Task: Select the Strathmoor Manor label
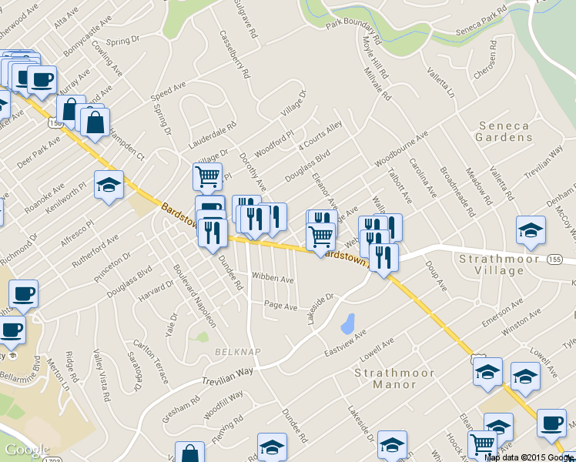pyautogui.click(x=390, y=378)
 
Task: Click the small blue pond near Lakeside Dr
pyautogui.click(x=347, y=323)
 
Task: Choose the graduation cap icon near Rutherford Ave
pyautogui.click(x=109, y=184)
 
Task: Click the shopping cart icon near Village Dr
pyautogui.click(x=207, y=176)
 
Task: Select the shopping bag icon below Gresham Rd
pyautogui.click(x=189, y=454)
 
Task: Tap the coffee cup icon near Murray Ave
pyautogui.click(x=42, y=79)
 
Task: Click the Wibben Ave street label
pyautogui.click(x=270, y=276)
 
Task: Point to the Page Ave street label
pyautogui.click(x=280, y=306)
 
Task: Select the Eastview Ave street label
pyautogui.click(x=344, y=344)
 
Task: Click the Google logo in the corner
pyautogui.click(x=27, y=450)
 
